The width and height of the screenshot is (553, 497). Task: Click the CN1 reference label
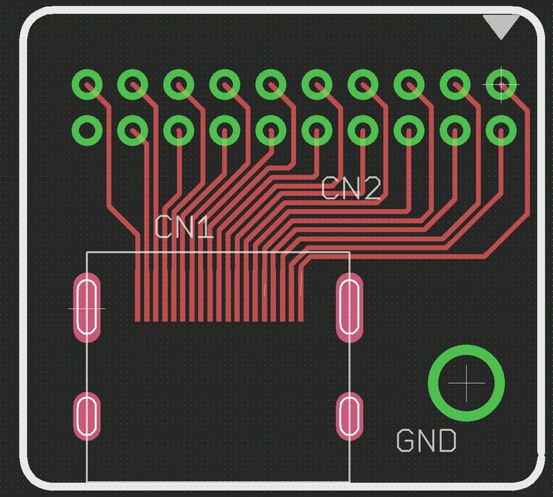pos(184,227)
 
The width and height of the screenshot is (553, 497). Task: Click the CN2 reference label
pos(351,188)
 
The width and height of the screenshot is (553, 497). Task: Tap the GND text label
pos(427,441)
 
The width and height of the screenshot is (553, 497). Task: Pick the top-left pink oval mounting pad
pos(88,307)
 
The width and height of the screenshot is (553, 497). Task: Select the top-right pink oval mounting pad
pos(349,307)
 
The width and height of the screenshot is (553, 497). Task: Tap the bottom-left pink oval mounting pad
pos(88,416)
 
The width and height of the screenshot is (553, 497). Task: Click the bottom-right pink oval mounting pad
pos(349,416)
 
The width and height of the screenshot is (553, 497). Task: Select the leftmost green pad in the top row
pos(88,84)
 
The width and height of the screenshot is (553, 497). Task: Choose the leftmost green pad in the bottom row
pos(88,130)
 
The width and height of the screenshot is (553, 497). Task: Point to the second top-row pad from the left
pos(133,84)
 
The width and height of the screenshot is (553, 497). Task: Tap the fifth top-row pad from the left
pos(271,84)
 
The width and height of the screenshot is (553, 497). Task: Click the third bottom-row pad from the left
pos(180,130)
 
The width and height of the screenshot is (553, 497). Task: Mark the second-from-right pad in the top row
pos(456,84)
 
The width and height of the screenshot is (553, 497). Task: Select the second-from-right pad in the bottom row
pos(456,130)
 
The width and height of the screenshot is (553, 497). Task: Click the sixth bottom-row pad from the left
pos(317,130)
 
